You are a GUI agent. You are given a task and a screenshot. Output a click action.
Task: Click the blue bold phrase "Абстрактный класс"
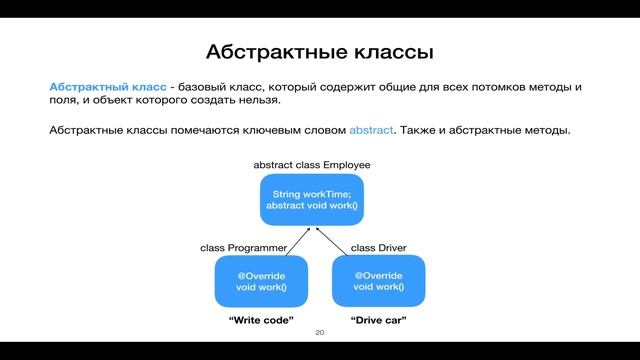click(x=108, y=88)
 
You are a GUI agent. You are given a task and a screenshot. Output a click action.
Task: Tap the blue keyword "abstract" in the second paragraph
click(x=372, y=130)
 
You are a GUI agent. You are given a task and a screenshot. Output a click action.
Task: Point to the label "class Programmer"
click(x=243, y=246)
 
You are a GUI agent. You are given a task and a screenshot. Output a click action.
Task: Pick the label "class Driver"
click(x=376, y=246)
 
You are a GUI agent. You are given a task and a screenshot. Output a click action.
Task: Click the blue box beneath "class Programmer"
click(x=260, y=281)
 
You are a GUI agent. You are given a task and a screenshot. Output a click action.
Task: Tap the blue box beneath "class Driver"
click(x=379, y=281)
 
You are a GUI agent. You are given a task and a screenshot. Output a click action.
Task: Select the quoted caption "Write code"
click(x=261, y=320)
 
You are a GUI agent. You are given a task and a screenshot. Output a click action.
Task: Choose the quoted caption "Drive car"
click(x=380, y=320)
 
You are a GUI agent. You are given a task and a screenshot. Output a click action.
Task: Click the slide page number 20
click(x=320, y=333)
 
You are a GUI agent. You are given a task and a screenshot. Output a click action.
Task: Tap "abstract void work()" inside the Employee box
click(x=311, y=206)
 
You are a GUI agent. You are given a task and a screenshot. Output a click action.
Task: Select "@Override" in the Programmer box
click(x=260, y=275)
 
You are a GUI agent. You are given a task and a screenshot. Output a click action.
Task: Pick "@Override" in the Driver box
click(x=379, y=275)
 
